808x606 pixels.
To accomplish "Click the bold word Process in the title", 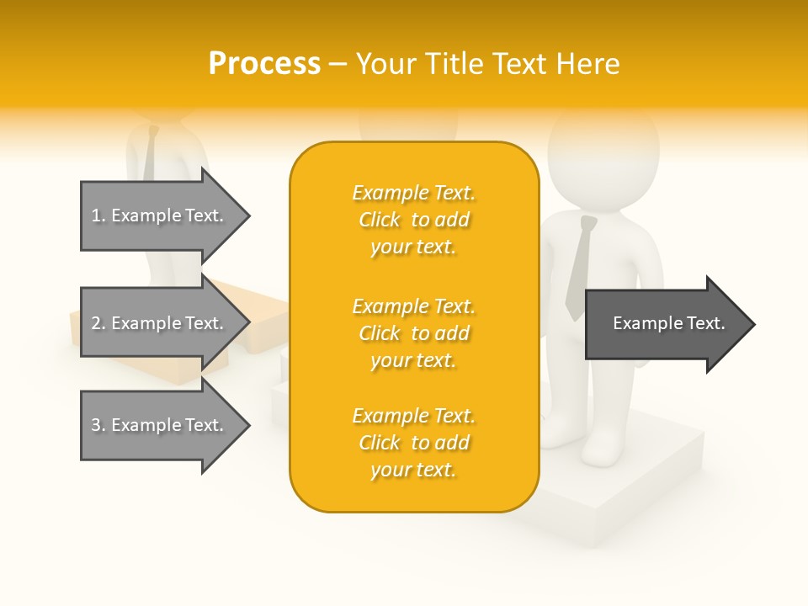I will (x=264, y=64).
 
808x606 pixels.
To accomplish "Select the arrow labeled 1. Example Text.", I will (x=160, y=215).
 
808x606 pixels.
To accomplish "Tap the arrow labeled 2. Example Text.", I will (x=160, y=323).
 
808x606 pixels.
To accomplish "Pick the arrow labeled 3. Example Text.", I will (x=160, y=425).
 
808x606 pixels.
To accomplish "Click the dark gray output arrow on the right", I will (x=665, y=324).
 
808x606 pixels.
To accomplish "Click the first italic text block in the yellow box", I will (x=413, y=220).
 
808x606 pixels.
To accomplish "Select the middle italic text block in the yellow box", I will (x=413, y=333).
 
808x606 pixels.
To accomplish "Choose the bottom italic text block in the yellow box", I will (x=413, y=443).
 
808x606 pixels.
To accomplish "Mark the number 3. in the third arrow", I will (x=98, y=425).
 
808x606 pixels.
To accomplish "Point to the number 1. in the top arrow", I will (x=98, y=215).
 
